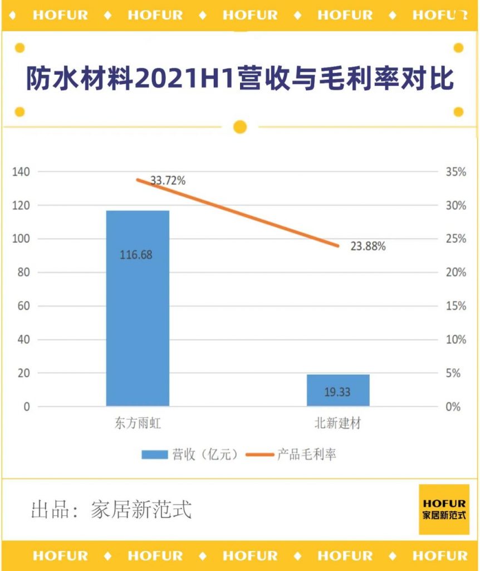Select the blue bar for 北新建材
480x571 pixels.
[x=338, y=390]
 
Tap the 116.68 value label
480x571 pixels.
[x=136, y=255]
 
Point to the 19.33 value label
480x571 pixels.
[x=337, y=392]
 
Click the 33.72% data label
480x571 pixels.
[x=168, y=181]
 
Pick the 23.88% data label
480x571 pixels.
[x=368, y=246]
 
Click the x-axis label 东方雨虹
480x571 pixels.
[x=137, y=424]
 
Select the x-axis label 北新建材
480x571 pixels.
[x=338, y=424]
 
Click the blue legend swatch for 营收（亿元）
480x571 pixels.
[x=155, y=454]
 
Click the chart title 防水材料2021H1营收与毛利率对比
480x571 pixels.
[x=240, y=80]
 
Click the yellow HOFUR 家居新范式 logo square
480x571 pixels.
[x=444, y=509]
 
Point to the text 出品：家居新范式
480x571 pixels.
[x=111, y=510]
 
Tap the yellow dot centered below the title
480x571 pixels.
[x=240, y=127]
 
